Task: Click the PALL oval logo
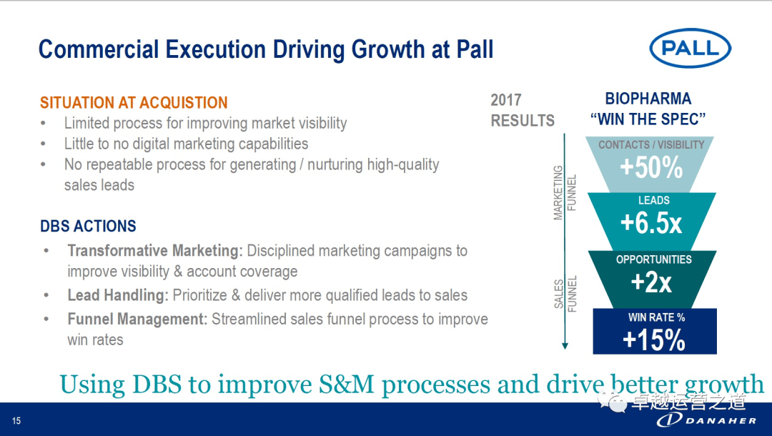pos(691,48)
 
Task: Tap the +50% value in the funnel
pos(651,168)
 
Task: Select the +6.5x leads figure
pos(651,224)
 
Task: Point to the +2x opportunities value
pos(651,282)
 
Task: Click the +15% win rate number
pos(653,340)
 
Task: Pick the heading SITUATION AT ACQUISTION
pos(134,102)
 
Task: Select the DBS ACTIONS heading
pos(88,226)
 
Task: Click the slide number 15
pos(16,421)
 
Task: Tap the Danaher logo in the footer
pos(706,420)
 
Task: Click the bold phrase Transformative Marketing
pos(155,251)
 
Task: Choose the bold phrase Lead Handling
pos(118,295)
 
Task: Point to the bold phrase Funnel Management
pos(137,319)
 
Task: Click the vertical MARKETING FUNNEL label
pos(564,192)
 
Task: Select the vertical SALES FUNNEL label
pos(564,294)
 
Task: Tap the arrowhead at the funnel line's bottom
pos(565,345)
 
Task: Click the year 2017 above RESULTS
pos(505,100)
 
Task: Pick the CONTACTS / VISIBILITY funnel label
pos(651,144)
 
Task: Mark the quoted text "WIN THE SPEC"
pos(648,119)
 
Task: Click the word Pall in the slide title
pos(475,49)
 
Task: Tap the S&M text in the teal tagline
pos(347,385)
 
